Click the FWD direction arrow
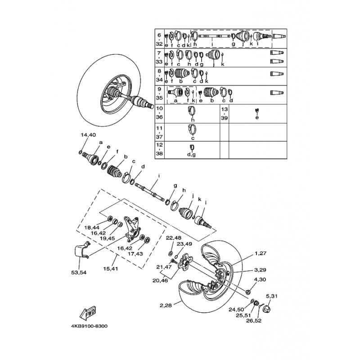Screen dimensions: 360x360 click(x=88, y=313)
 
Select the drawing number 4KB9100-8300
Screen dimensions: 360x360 click(x=89, y=326)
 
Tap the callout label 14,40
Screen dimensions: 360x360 click(x=88, y=135)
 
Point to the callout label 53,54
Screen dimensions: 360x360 click(x=79, y=273)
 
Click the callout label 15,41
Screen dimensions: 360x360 click(x=110, y=268)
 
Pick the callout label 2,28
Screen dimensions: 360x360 click(x=166, y=306)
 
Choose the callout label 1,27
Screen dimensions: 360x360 click(x=261, y=253)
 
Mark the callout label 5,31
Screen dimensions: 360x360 click(x=272, y=296)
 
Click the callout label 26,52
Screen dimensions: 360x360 click(x=254, y=321)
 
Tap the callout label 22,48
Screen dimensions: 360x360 click(x=174, y=238)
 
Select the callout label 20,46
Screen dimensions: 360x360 click(x=160, y=280)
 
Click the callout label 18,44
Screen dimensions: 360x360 click(x=92, y=228)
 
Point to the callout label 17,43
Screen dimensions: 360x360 click(x=135, y=254)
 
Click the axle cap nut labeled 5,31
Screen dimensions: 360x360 click(x=266, y=309)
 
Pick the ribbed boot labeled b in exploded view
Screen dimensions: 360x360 click(x=114, y=171)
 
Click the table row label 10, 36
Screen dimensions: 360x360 click(x=160, y=112)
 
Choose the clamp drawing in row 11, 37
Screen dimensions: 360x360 click(x=192, y=129)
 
